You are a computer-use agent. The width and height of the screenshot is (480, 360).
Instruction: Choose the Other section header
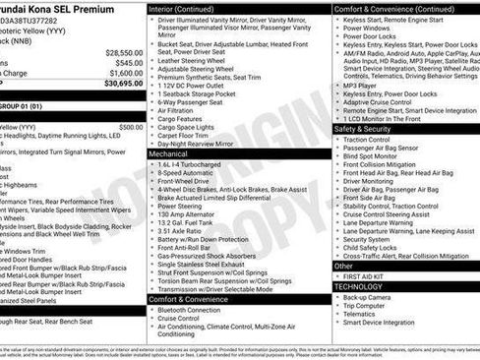pos(343,266)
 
